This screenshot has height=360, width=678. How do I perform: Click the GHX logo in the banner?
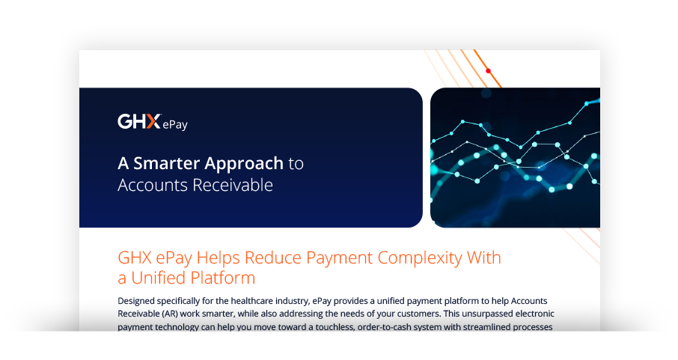click(x=139, y=122)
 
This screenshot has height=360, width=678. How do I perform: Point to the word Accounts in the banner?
click(x=147, y=185)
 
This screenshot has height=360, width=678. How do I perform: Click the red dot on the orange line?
click(x=488, y=71)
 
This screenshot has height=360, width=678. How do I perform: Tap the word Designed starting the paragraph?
click(x=140, y=300)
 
